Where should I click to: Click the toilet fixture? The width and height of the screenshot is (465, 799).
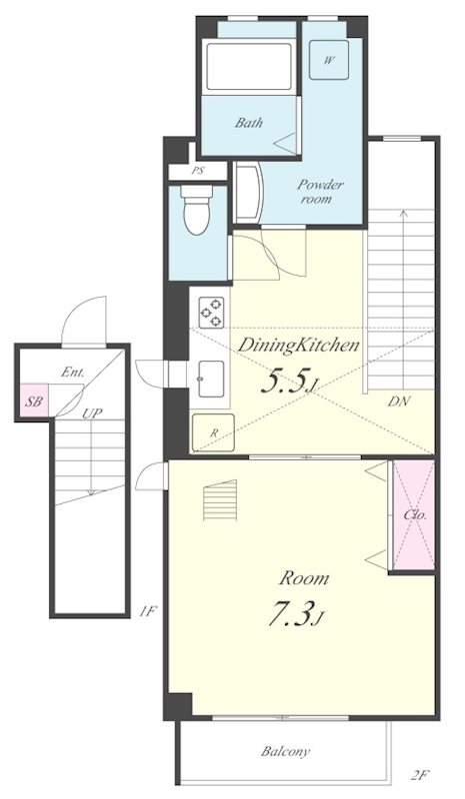[x=197, y=209]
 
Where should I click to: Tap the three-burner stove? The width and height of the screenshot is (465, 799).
[x=211, y=313]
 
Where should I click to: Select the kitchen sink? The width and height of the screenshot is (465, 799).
[x=211, y=379]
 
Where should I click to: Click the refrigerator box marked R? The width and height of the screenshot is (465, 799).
[x=213, y=432]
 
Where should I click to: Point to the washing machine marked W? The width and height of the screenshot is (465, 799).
[x=329, y=60]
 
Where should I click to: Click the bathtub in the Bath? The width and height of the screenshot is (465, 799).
[x=249, y=67]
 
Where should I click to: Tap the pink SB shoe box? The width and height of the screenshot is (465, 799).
[x=34, y=401]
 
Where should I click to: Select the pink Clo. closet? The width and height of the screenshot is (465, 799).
[x=413, y=514]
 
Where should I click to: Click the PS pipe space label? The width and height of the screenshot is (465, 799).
[x=198, y=171]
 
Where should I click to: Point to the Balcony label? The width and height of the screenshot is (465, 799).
[x=285, y=751]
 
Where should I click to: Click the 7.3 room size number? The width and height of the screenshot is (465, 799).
[x=290, y=615]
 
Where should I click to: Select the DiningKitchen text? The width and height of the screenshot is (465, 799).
[x=299, y=346]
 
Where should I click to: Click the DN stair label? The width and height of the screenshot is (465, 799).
[x=399, y=401]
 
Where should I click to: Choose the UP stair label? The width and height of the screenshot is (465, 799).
[x=91, y=413]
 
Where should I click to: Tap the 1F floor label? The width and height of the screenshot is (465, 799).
[x=147, y=611]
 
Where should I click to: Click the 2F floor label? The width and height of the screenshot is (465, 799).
[x=420, y=777]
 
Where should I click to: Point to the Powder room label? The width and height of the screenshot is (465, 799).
[x=321, y=191]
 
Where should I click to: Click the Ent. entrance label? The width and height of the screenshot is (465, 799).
[x=72, y=373]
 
